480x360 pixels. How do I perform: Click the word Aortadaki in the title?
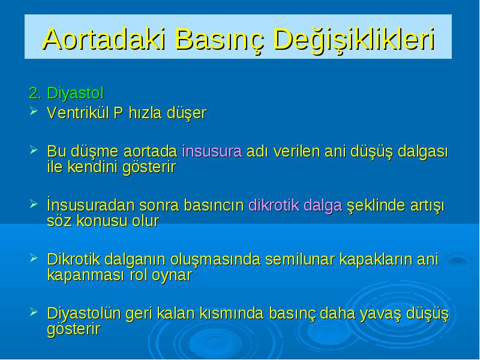point(104,39)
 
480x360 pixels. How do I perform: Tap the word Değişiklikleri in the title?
point(354,40)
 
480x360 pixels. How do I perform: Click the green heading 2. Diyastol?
point(67,93)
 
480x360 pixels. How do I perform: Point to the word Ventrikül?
point(78,113)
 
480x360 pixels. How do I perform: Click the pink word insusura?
point(212,151)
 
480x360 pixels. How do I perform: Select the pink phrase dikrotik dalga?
point(295,205)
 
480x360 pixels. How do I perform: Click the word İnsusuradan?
point(91,205)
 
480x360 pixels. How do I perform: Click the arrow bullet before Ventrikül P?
point(34,111)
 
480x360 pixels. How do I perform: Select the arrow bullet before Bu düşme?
point(34,149)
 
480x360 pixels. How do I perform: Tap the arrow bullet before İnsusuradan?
point(34,203)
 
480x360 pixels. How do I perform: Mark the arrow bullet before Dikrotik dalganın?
point(34,258)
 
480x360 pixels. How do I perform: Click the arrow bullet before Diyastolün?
point(34,311)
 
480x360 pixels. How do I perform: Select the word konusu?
point(101,221)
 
